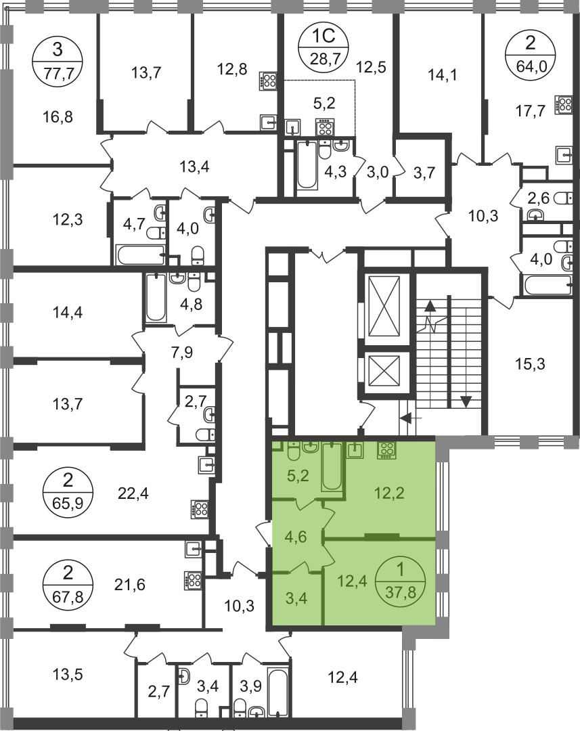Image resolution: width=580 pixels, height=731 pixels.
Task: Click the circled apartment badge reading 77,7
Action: [58, 62]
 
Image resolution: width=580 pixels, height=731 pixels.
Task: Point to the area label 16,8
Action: [58, 116]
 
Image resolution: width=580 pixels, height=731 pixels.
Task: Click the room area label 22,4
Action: [133, 492]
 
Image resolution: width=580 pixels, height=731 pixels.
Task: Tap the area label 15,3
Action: [530, 363]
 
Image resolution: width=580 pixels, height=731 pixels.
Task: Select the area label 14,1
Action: [443, 74]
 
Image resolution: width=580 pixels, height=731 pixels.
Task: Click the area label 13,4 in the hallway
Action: [194, 166]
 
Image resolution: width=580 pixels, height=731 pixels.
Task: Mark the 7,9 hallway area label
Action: [181, 352]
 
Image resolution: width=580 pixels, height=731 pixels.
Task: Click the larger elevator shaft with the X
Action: [384, 305]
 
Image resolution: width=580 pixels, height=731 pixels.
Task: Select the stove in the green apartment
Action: [386, 450]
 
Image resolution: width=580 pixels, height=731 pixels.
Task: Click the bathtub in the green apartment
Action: [332, 466]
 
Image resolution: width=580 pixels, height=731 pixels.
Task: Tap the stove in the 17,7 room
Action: [563, 104]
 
